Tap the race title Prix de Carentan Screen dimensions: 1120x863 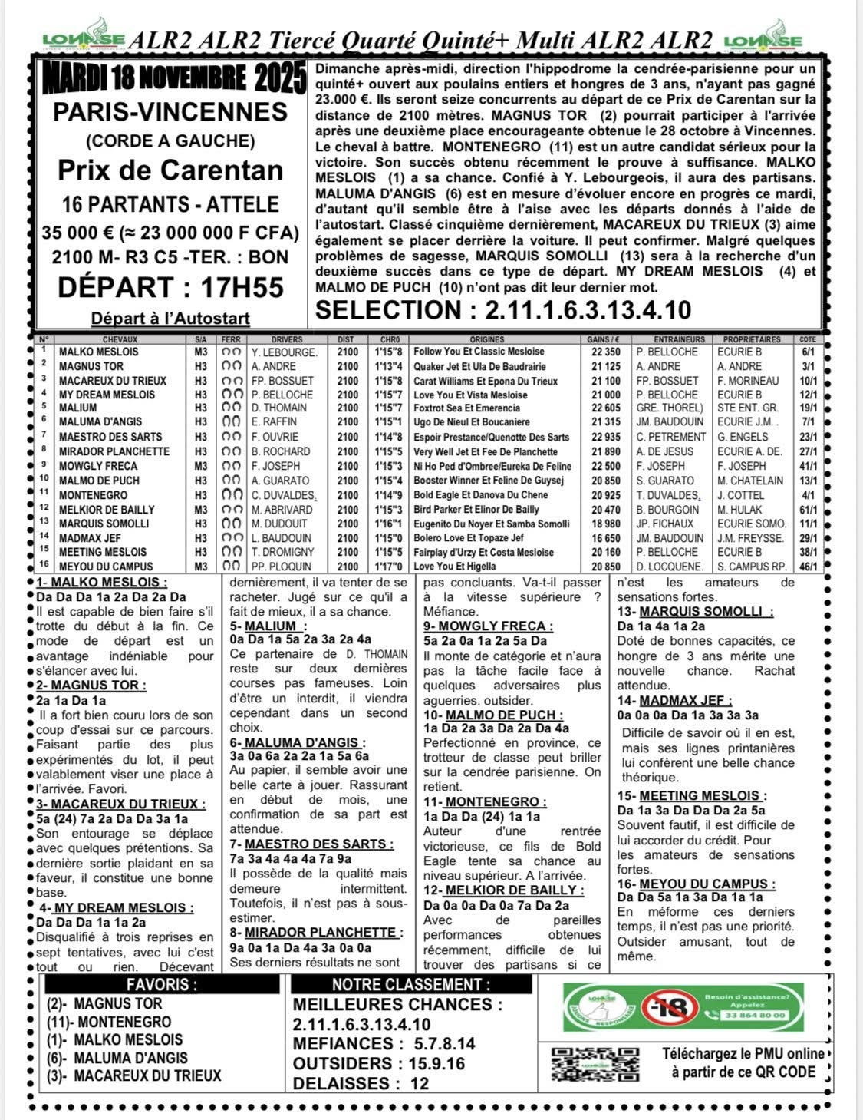coord(171,170)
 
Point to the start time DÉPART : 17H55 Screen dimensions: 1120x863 coord(171,287)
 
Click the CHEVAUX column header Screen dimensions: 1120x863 coord(120,339)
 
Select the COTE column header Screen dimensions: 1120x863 coord(808,339)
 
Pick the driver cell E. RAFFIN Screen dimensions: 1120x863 coord(273,422)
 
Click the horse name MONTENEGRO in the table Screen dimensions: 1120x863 coord(94,495)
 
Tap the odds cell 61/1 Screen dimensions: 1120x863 coord(808,510)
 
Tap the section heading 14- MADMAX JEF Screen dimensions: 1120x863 coord(674,700)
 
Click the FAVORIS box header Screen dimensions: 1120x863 coord(161,985)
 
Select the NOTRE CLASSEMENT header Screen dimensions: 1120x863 coord(410,985)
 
